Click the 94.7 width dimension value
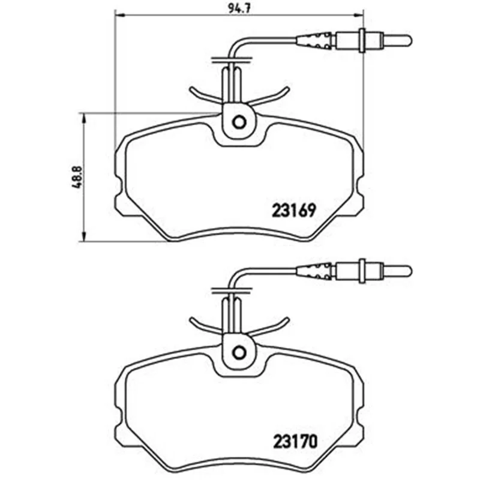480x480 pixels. pos(239,8)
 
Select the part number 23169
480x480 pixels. pos(293,211)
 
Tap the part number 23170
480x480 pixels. pos(295,442)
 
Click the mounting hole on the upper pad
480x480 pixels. pos(239,122)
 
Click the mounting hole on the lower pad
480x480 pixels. pos(239,353)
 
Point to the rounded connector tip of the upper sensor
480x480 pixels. pos(409,40)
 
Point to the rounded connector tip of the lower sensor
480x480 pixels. pos(409,271)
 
